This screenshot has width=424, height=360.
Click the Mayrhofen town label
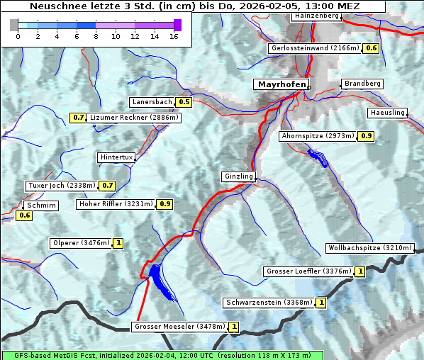(x=281, y=84)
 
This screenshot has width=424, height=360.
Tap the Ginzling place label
(x=238, y=176)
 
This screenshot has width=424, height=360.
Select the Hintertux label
(x=116, y=157)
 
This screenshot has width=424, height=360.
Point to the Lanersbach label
(x=152, y=102)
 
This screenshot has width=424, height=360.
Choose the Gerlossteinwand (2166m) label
(x=315, y=48)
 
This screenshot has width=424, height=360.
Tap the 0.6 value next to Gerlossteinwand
(x=371, y=48)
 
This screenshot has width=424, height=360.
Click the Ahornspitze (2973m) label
(x=317, y=135)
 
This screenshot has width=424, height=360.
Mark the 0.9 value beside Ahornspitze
(x=366, y=135)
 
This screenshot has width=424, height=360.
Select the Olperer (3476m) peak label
(x=81, y=243)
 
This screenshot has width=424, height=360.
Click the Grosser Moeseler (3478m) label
(x=179, y=327)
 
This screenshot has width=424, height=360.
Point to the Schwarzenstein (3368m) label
(x=268, y=303)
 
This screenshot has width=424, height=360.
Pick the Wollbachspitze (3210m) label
(x=369, y=248)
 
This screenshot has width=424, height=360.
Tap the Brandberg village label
(x=362, y=84)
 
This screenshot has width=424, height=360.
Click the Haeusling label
(x=387, y=113)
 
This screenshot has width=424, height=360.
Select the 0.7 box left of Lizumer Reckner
(x=78, y=117)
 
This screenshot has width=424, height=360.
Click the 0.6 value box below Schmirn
(x=25, y=215)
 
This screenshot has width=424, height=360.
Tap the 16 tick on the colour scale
(x=173, y=36)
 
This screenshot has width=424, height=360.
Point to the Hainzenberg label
(x=316, y=15)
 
